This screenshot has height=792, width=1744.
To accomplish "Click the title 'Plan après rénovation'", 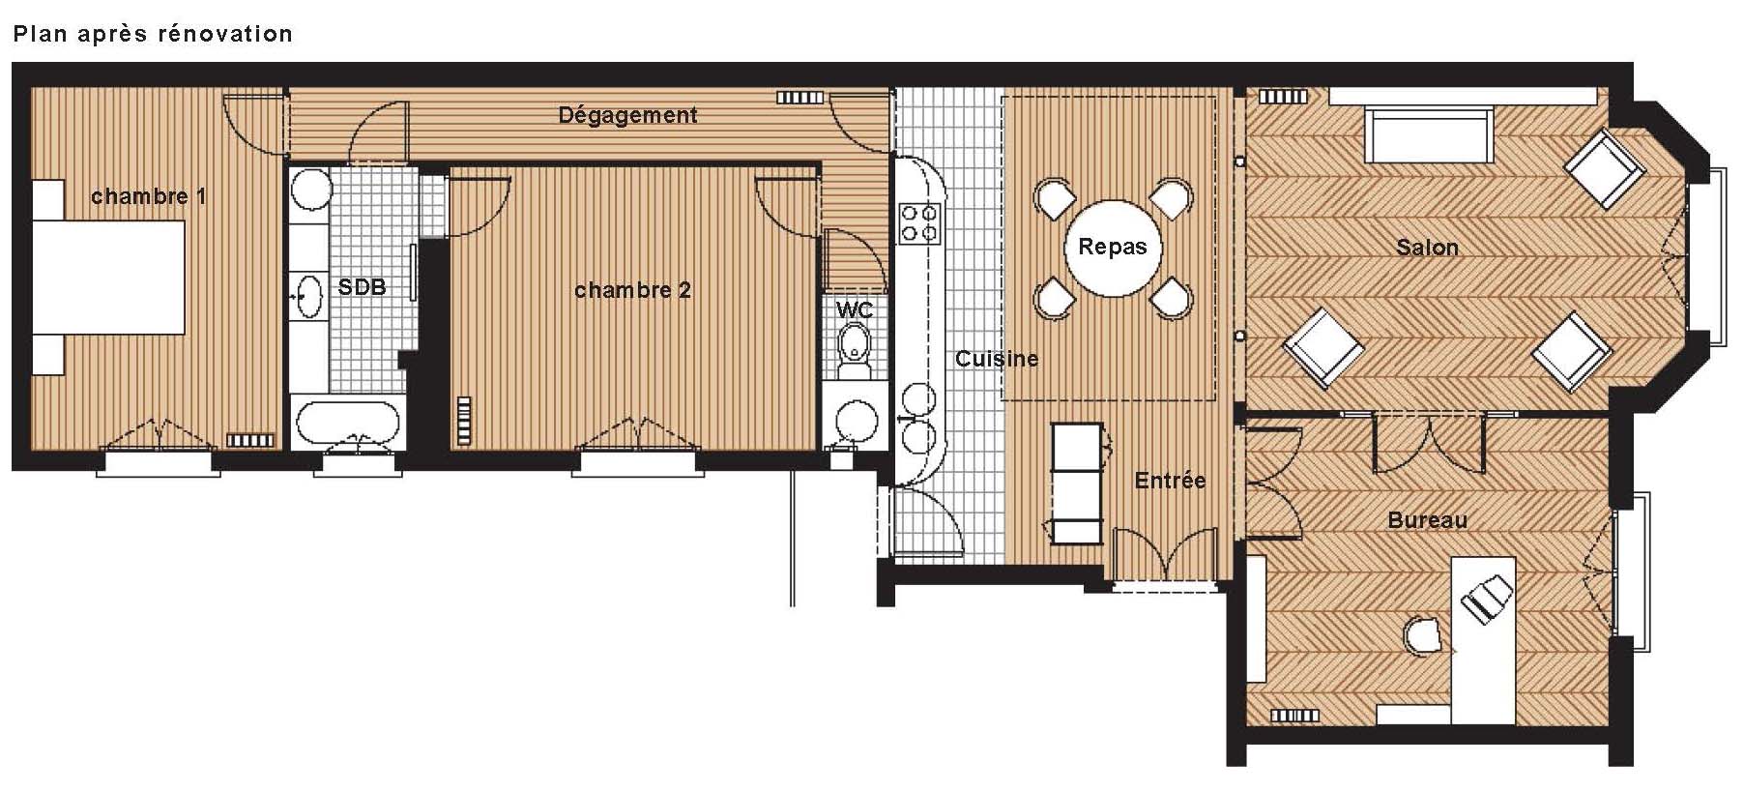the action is pyautogui.click(x=153, y=35).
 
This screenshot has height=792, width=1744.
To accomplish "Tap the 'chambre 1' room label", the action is pyautogui.click(x=148, y=196).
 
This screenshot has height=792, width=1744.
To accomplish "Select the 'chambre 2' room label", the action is pyautogui.click(x=632, y=290).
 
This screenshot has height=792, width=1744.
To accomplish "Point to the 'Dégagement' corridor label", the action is pyautogui.click(x=627, y=116).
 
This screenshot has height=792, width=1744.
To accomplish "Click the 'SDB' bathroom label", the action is pyautogui.click(x=362, y=287).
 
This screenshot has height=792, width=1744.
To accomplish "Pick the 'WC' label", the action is pyautogui.click(x=855, y=310).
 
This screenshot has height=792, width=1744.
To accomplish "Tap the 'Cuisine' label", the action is pyautogui.click(x=997, y=359).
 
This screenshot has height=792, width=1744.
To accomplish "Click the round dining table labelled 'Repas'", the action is pyautogui.click(x=1112, y=248).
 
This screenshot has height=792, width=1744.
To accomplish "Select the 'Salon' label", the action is pyautogui.click(x=1427, y=248).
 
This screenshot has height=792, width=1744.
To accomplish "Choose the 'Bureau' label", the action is pyautogui.click(x=1427, y=520).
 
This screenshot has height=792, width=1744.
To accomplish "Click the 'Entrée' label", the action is pyautogui.click(x=1170, y=481).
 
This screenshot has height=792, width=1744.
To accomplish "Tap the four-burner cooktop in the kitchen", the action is pyautogui.click(x=919, y=223).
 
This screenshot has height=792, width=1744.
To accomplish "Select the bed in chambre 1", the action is pyautogui.click(x=108, y=277).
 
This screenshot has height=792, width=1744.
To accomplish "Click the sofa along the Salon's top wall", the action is pyautogui.click(x=1429, y=135).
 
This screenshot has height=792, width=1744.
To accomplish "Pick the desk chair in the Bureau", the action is pyautogui.click(x=1423, y=634).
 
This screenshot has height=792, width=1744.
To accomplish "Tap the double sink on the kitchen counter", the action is pyautogui.click(x=917, y=417).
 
